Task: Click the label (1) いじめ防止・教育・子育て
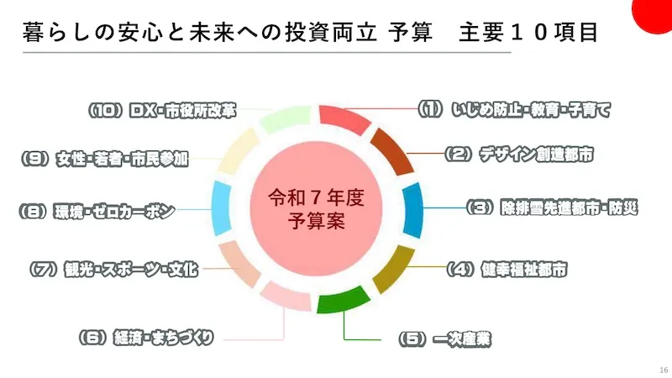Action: point(514,110)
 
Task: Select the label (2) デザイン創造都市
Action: point(519,155)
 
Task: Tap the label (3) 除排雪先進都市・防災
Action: point(552,207)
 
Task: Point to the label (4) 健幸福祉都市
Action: point(507,270)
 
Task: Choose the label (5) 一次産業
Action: point(445,339)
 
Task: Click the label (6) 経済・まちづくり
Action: point(146,338)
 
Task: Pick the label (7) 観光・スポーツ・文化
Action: point(113,269)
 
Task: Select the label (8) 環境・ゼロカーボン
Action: point(97,212)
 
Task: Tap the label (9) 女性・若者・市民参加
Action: point(105,159)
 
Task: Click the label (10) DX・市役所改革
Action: point(162,111)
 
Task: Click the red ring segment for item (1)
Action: point(344,118)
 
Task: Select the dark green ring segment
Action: point(342,300)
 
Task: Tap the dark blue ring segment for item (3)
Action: point(413,210)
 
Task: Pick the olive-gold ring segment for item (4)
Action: point(394,268)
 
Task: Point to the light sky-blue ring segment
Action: point(222,208)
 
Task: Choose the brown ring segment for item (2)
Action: point(392,151)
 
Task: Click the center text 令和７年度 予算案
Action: point(317,209)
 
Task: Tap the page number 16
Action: point(664,370)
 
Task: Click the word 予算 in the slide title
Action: point(410,33)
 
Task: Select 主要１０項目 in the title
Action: point(528,33)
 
